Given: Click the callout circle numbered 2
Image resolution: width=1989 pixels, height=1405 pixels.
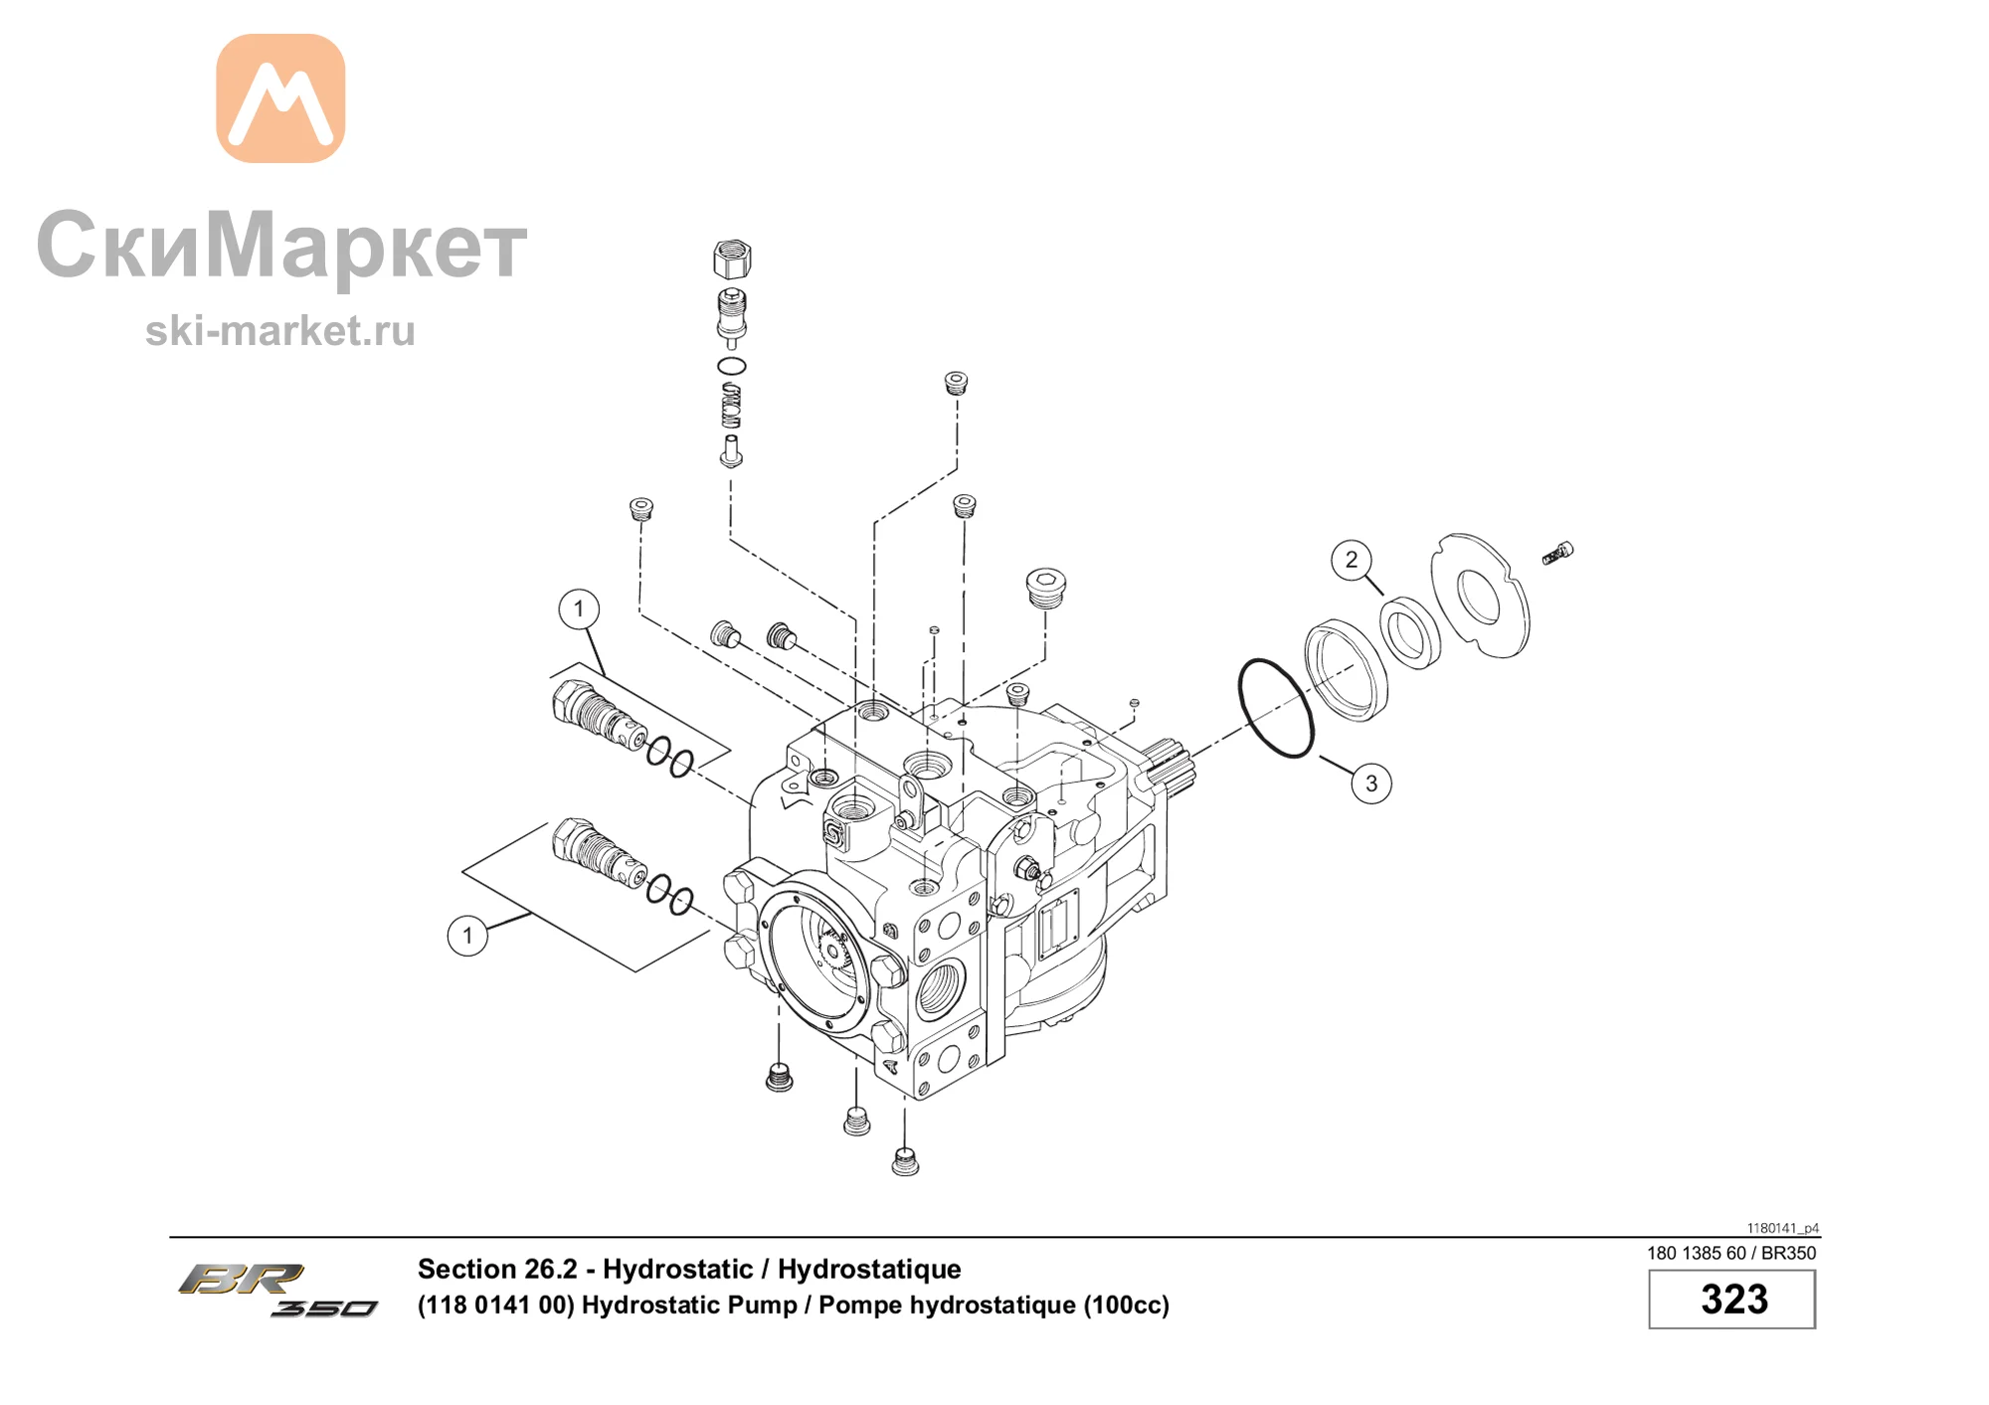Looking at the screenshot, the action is pos(1351,560).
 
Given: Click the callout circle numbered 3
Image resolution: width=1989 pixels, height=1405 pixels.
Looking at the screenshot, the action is pos(1371,784).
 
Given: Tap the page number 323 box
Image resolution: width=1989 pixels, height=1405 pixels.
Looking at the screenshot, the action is pos(1732,1300).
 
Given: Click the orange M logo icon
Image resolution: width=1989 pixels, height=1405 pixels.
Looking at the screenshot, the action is pos(280,98).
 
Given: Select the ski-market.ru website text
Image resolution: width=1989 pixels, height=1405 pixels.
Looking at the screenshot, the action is pos(280,331).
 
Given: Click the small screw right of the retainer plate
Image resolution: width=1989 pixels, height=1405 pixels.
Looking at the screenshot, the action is pos(1557,553).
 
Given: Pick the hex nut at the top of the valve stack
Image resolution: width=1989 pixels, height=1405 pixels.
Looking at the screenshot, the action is pos(732,260).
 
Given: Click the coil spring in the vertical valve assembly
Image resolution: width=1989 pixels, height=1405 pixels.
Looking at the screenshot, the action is pos(731,406).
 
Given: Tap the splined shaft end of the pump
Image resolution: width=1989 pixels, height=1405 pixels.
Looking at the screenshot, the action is pos(1167,770).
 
